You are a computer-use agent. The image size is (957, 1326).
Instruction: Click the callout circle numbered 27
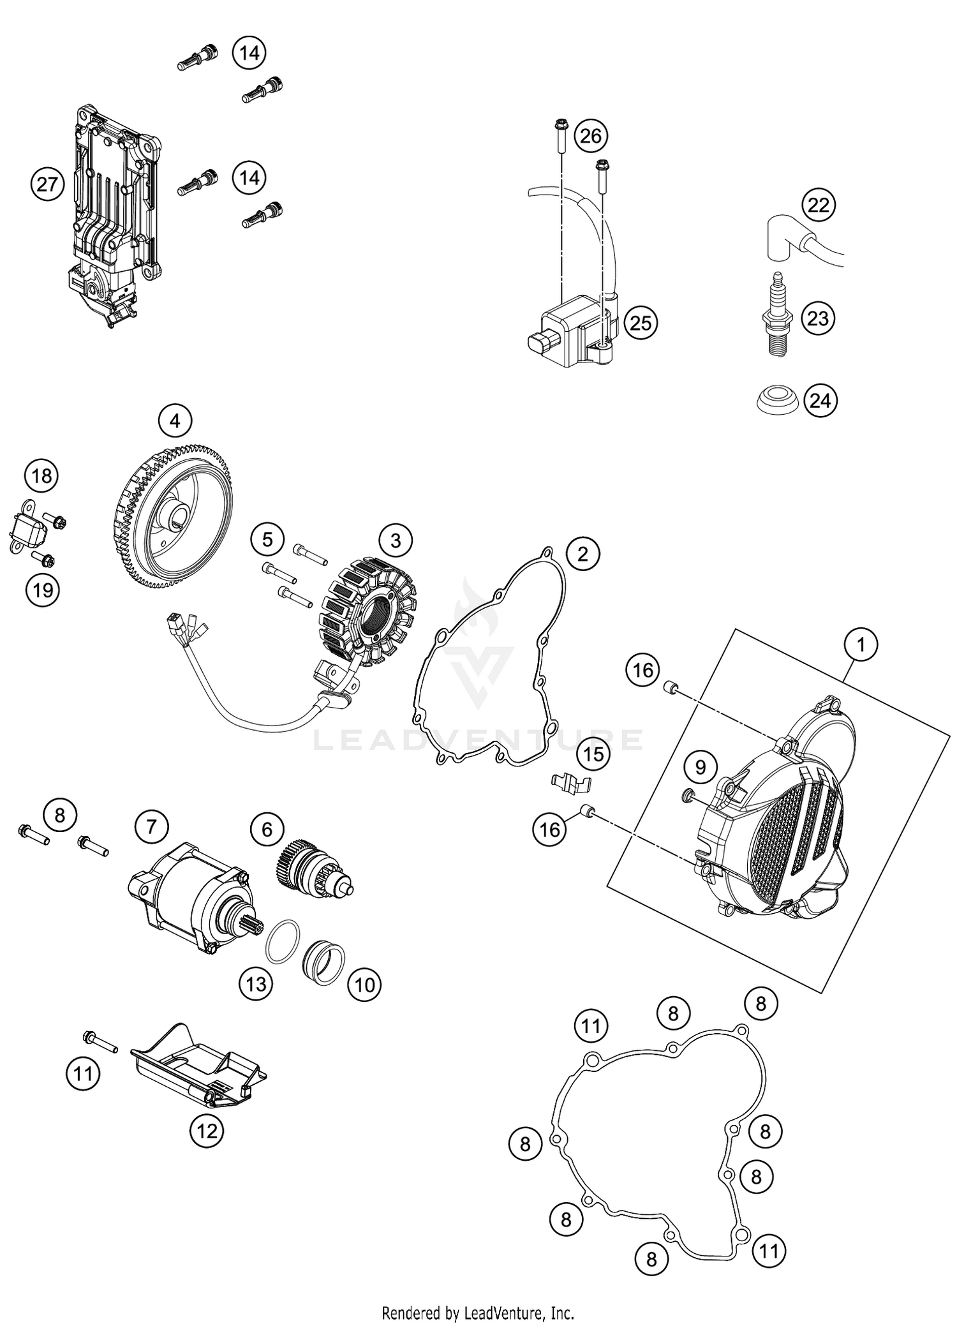point(47,185)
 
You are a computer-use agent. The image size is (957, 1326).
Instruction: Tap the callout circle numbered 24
point(820,401)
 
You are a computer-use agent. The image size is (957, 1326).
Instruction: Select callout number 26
point(591,136)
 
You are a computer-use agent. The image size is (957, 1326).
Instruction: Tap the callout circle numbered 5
point(267,540)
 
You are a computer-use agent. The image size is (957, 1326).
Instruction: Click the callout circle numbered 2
point(582,554)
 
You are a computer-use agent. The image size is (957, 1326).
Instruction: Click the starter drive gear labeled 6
point(309,867)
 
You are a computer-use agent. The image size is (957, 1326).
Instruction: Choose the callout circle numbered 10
point(364,985)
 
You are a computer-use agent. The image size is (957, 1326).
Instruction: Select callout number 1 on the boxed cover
point(861,645)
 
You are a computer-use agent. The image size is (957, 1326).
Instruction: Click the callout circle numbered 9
point(701,766)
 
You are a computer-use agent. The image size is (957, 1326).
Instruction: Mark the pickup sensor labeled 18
point(28,528)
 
